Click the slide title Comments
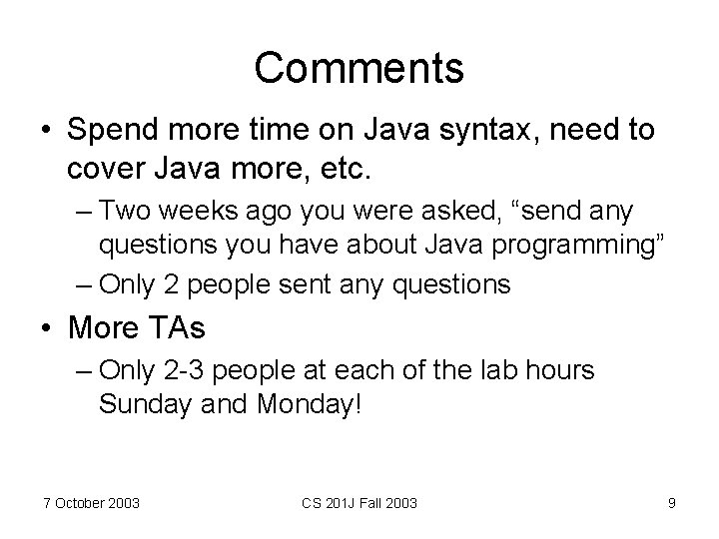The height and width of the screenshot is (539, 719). (x=359, y=68)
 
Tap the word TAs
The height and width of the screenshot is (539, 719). (x=185, y=326)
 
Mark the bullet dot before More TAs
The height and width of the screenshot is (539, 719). (x=46, y=327)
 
